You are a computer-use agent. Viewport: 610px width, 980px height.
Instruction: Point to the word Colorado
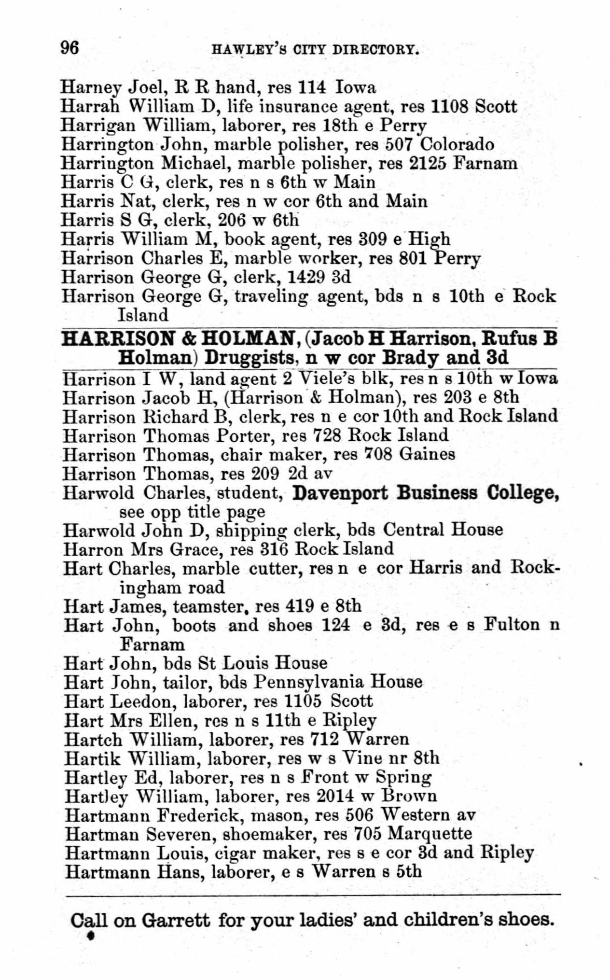[457, 144]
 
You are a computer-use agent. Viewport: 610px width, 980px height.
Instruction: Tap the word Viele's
[328, 378]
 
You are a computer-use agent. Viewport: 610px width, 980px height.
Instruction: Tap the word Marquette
[430, 834]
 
